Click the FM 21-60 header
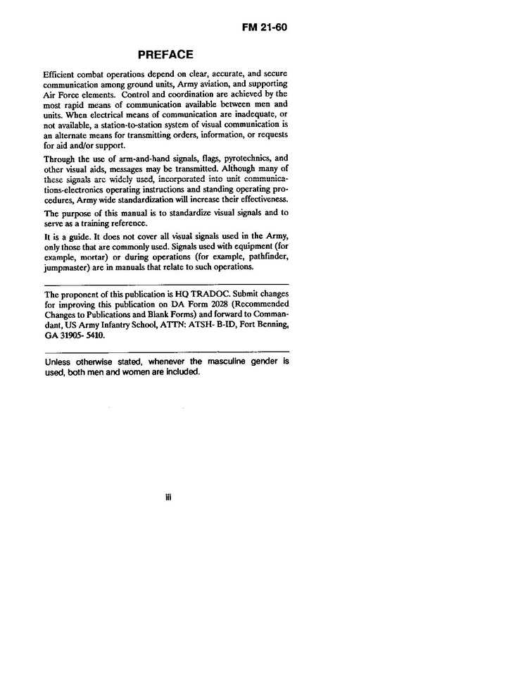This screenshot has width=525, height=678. [x=264, y=28]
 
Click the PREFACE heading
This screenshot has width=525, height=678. [x=165, y=54]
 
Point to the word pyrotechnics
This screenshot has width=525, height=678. [x=229, y=159]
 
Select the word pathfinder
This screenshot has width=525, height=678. [x=266, y=256]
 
